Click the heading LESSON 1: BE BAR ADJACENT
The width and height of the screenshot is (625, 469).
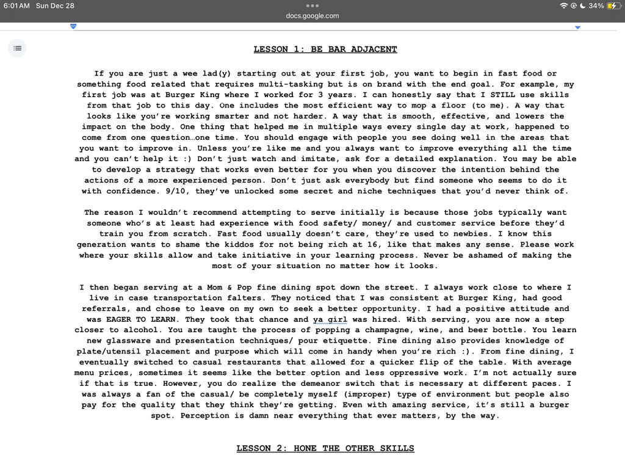click(325, 49)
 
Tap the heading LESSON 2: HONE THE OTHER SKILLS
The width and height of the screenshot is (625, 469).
click(325, 448)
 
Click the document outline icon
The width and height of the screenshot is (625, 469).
click(18, 48)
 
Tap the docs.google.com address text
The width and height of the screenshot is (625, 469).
click(312, 16)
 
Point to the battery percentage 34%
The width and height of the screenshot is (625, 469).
click(596, 5)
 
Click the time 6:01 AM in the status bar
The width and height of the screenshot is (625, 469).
click(16, 5)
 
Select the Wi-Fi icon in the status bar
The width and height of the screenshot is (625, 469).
click(563, 5)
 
